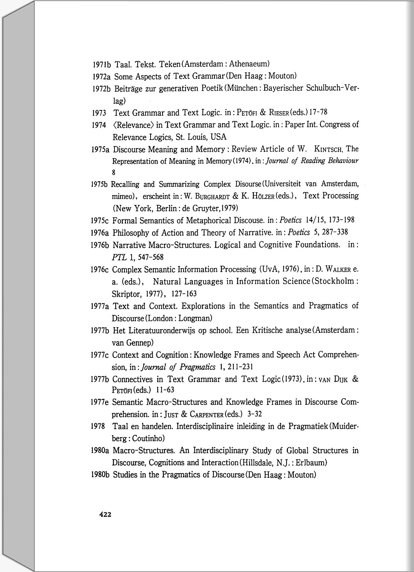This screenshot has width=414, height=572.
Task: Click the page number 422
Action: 105,515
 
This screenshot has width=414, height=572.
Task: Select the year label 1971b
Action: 101,65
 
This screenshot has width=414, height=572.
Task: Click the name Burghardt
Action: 212,196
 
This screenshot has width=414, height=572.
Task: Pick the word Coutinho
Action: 148,439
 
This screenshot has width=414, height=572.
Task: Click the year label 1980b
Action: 100,475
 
